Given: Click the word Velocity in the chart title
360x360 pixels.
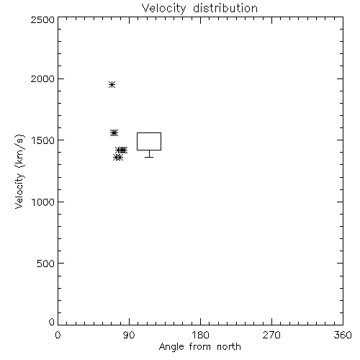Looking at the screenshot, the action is point(163,9).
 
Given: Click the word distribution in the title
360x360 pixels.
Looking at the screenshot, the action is point(225,8).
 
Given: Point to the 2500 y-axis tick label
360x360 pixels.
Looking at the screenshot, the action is point(42,19).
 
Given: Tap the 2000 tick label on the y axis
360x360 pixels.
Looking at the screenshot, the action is point(42,78).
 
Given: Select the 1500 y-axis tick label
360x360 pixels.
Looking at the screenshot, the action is point(43,140).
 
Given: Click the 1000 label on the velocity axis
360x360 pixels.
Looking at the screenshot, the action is point(43,202).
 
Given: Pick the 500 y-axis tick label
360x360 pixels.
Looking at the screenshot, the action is point(46,264).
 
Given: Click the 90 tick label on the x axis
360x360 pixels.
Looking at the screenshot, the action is point(129,335).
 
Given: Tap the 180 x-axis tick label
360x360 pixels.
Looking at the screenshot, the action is point(200,335).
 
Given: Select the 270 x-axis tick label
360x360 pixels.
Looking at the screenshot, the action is point(271,335).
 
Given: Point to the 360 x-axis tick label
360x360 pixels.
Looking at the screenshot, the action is point(343,335).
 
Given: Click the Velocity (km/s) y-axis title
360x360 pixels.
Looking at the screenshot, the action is point(19,171).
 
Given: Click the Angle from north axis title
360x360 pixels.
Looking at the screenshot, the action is point(200,347).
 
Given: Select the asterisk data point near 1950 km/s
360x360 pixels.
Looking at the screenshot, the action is point(112,84).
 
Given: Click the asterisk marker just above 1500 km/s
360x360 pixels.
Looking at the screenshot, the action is point(114,132).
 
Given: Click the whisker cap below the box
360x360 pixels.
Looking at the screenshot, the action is point(149,157).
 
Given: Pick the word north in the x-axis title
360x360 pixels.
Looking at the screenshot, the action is point(229,346).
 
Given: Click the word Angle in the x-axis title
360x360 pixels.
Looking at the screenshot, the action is point(171,347).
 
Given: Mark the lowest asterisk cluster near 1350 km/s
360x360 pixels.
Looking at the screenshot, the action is point(118,158).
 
